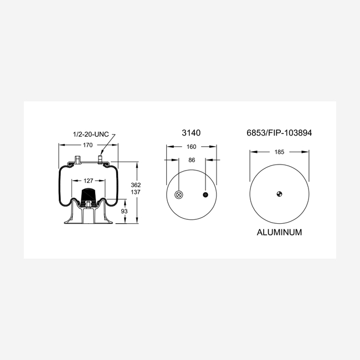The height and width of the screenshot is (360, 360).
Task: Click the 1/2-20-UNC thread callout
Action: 91,135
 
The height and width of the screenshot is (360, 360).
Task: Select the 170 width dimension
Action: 88,145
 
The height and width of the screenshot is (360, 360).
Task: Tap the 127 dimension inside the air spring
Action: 89,181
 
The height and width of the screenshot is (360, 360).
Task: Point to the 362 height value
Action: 136,185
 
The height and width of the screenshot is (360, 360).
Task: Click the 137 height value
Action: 136,192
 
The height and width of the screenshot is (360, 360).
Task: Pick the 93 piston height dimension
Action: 124,211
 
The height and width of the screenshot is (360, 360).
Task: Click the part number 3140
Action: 191,133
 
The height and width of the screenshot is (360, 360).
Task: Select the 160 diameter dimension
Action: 192,147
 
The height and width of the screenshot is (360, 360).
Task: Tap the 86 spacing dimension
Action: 192,160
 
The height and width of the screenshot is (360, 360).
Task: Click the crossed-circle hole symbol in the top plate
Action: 179,195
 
